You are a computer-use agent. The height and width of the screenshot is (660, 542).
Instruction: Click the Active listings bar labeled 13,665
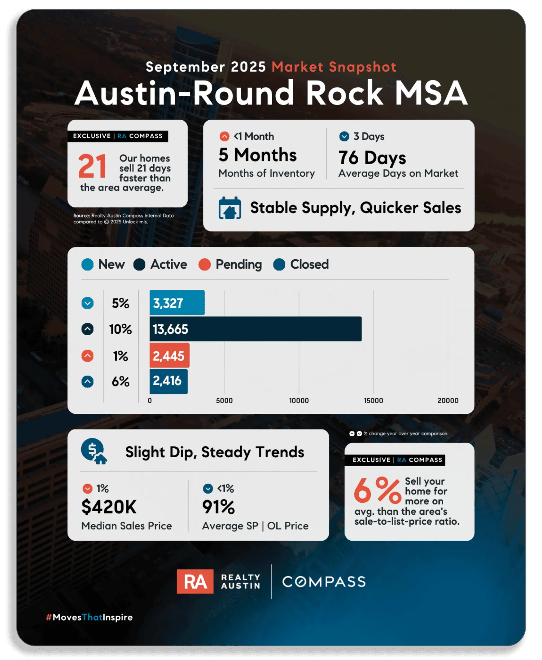[256, 329]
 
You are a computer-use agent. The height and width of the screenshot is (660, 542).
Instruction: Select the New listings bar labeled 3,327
[177, 303]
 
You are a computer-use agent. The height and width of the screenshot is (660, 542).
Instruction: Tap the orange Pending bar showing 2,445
[169, 355]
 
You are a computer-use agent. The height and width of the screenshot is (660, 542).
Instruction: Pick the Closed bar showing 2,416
[168, 381]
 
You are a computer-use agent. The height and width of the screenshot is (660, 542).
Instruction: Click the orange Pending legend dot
[204, 265]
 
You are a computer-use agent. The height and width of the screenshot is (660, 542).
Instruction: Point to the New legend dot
[87, 265]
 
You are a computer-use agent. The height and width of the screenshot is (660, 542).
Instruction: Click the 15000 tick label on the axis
[374, 400]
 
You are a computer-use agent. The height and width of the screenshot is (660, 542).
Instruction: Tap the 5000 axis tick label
[224, 400]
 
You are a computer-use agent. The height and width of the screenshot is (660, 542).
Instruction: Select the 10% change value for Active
[120, 329]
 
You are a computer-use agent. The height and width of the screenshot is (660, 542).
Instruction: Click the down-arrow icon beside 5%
[87, 303]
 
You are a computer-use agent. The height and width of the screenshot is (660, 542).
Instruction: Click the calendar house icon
[230, 208]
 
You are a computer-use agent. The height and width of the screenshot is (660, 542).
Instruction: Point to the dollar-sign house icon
[93, 451]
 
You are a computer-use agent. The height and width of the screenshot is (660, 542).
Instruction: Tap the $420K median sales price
[109, 507]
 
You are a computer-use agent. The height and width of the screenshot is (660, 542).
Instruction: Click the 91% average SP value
[219, 507]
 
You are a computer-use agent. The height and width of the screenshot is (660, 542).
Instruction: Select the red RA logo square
[195, 581]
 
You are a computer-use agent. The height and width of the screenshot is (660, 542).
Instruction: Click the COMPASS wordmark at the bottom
[324, 582]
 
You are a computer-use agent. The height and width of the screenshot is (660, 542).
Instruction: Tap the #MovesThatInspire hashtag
[89, 617]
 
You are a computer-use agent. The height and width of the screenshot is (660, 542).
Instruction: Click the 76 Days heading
[372, 158]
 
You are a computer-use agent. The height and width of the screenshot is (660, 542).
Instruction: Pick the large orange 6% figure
[378, 491]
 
